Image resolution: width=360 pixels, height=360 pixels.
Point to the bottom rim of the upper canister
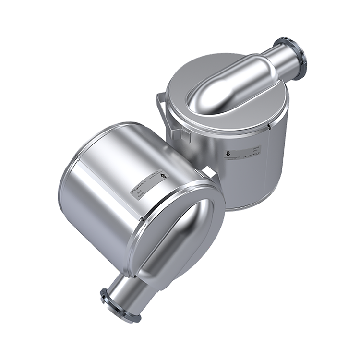250,206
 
